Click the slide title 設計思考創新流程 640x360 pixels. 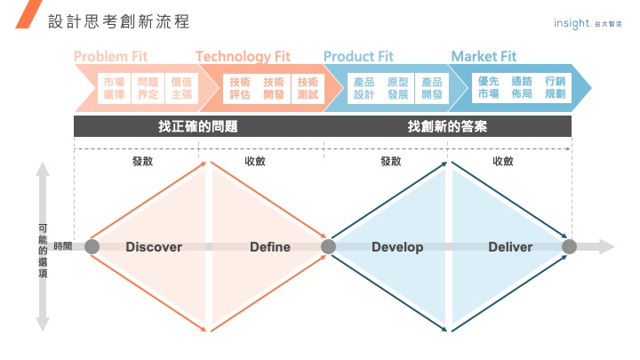(119, 21)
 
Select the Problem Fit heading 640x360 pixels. (110, 57)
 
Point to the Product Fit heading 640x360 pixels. (358, 57)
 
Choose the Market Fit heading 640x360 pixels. (484, 57)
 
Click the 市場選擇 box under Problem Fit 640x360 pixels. (114, 88)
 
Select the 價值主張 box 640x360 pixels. (180, 88)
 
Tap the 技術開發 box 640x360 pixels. (274, 88)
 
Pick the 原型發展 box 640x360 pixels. (397, 88)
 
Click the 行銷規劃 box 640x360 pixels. (555, 88)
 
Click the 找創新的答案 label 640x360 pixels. (447, 126)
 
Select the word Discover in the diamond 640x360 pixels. (154, 247)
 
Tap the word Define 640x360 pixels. (270, 247)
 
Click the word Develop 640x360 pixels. (397, 247)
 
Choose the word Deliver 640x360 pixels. (510, 247)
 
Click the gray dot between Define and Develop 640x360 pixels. (328, 247)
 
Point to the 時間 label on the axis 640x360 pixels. (63, 246)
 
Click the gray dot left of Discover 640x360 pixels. (92, 247)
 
